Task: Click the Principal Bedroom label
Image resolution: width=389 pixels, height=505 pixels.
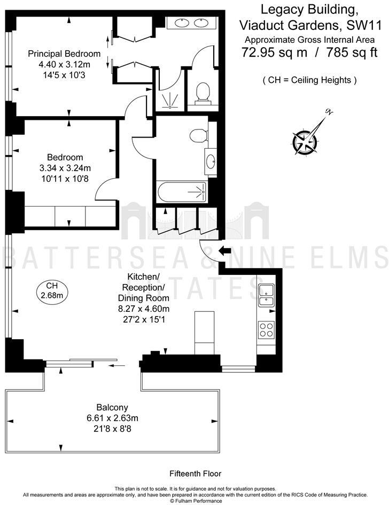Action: tap(64, 53)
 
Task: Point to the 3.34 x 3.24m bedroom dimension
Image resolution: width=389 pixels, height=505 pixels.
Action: tap(65, 168)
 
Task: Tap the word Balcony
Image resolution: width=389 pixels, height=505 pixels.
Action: tap(112, 407)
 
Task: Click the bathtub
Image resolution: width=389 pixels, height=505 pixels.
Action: tap(182, 191)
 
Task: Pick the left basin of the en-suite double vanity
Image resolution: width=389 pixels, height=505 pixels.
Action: tap(180, 23)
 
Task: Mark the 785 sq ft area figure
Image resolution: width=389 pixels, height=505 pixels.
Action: tap(341, 52)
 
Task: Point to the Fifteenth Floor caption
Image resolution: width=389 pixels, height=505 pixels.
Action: tap(195, 473)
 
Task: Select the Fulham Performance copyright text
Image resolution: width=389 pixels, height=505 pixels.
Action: tap(194, 501)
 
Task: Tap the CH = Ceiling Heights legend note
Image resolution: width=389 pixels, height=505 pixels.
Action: tap(309, 80)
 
